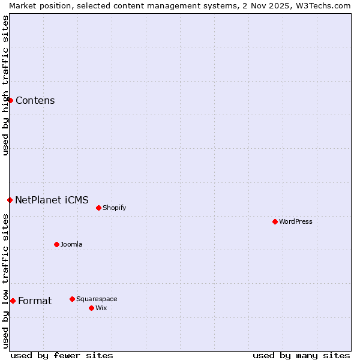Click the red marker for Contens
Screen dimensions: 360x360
[10, 100]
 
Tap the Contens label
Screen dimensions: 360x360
[35, 101]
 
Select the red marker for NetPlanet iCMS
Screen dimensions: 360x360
[10, 200]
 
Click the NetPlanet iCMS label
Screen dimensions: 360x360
[52, 200]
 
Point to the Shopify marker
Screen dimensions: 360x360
[98, 208]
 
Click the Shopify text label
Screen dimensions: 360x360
[114, 208]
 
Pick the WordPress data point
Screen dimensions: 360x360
[275, 221]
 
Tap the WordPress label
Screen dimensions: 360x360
[295, 222]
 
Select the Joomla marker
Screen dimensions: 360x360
[56, 244]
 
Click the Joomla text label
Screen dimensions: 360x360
[71, 245]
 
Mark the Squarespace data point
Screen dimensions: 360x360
[72, 299]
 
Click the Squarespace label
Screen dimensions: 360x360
[97, 299]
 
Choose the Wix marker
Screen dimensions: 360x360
[91, 308]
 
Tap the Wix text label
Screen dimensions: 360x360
[101, 308]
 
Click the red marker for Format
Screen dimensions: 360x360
[13, 301]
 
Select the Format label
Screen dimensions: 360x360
[35, 301]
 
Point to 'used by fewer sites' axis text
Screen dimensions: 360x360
[62, 355]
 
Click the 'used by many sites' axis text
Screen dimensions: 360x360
[301, 355]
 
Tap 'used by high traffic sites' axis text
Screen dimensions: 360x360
[5, 85]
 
